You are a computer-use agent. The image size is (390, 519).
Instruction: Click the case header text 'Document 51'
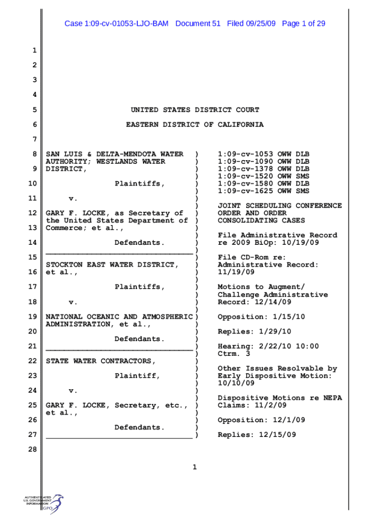click(x=198, y=23)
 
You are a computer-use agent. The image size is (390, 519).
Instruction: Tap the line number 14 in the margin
click(x=33, y=243)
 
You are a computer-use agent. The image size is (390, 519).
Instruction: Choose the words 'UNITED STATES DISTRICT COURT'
click(x=195, y=109)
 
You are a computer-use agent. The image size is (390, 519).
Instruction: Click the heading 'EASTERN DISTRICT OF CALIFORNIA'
click(x=195, y=124)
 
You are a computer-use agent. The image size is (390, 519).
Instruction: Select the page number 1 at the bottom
click(x=194, y=467)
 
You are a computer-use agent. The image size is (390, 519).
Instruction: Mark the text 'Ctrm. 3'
click(x=233, y=354)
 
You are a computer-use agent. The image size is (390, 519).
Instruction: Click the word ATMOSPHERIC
click(x=165, y=316)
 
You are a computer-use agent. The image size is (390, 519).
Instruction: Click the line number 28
click(x=33, y=449)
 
